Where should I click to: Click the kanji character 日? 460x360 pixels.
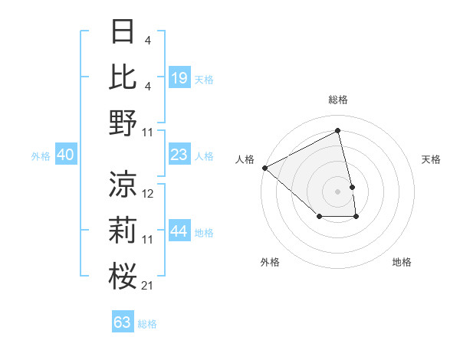tap(123, 31)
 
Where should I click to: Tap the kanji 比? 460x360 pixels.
tap(123, 77)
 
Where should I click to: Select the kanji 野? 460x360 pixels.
tap(123, 123)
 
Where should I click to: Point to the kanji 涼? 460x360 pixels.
tap(123, 184)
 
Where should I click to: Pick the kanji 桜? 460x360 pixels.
tap(123, 277)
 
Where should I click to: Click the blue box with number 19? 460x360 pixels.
tap(179, 78)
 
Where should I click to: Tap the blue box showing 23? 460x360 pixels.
tap(179, 155)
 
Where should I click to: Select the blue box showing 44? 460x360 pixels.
tap(179, 232)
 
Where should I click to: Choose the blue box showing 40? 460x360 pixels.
tap(65, 155)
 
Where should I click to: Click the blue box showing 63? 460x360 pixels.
tap(123, 322)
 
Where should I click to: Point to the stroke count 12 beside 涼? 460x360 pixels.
tap(148, 194)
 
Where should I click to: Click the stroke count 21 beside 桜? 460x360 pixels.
tap(148, 286)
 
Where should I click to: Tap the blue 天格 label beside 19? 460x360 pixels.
tap(204, 79)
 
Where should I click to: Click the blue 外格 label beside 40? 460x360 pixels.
tap(41, 156)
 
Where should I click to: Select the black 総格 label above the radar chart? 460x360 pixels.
tap(338, 100)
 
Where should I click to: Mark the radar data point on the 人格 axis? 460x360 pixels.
tap(264, 168)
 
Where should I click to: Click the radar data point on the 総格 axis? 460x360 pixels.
tap(338, 131)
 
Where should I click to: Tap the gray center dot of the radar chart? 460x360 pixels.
tap(338, 191)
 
